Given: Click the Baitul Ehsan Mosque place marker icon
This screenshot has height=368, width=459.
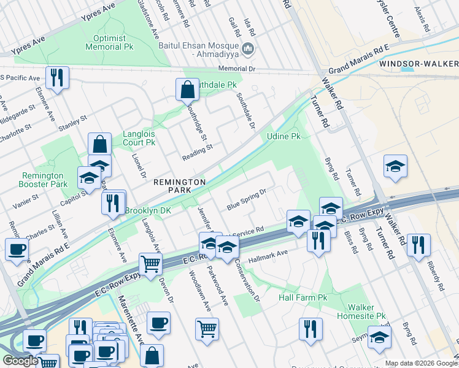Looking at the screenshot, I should click(x=249, y=48).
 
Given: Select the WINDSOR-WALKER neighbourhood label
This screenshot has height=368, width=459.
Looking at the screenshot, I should click(x=418, y=64).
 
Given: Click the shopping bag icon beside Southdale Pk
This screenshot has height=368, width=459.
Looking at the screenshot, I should click(x=187, y=90).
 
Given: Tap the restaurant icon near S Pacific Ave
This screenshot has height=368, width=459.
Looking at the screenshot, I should click(x=57, y=77).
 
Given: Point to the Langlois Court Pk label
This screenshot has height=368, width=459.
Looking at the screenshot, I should click(x=131, y=137).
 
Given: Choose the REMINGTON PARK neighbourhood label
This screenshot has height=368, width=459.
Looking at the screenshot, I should click(x=179, y=186).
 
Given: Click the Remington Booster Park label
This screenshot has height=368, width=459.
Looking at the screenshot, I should click(x=44, y=180).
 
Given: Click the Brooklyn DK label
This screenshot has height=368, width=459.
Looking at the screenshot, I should click(x=148, y=210).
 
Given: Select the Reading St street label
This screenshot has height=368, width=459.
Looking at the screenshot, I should click(x=197, y=152).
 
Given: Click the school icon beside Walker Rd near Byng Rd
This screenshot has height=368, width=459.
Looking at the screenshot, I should click(x=395, y=166).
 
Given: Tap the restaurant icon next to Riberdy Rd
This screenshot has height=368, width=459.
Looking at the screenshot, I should click(x=418, y=245).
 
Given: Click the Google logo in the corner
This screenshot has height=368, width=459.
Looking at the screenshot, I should click(x=20, y=361).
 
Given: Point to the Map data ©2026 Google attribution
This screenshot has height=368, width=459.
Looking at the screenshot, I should click(x=420, y=363).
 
